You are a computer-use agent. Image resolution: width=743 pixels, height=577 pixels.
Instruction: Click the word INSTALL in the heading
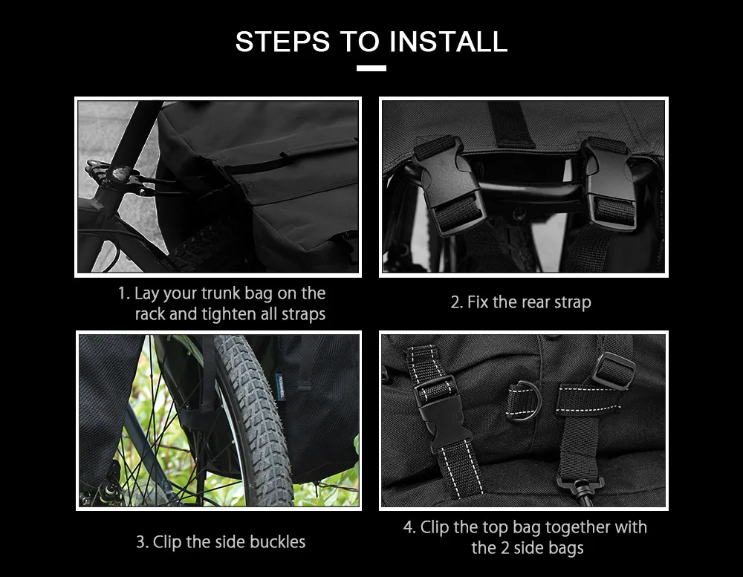[449, 42]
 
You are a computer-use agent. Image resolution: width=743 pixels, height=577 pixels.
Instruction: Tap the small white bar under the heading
[371, 68]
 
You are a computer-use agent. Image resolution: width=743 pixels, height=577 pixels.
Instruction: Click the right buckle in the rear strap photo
[611, 182]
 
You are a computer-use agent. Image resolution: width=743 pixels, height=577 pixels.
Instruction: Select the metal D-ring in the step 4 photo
[525, 400]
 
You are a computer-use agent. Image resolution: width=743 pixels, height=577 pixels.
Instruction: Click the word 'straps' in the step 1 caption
[303, 314]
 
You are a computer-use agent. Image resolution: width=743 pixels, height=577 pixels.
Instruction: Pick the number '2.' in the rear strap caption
[457, 302]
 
